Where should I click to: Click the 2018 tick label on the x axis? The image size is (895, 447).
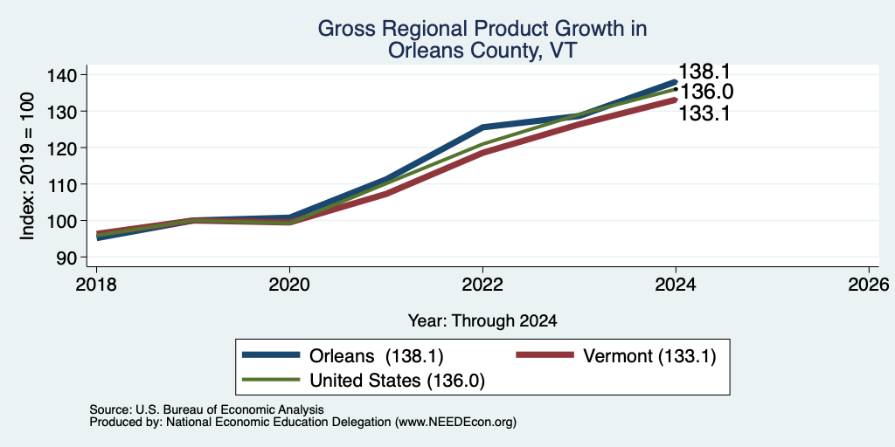tap(96, 284)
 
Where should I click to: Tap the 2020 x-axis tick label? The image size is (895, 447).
tap(289, 284)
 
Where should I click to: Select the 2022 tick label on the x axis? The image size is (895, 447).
tap(482, 284)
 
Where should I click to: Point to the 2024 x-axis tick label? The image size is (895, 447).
tap(676, 284)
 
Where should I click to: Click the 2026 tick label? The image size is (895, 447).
tap(869, 284)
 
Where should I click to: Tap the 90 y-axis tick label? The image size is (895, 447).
tap(76, 258)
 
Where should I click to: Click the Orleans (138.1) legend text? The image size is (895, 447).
tap(376, 356)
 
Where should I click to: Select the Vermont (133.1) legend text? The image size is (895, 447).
tap(649, 356)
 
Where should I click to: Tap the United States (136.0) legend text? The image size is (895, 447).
tap(398, 381)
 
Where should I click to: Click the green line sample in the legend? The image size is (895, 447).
tap(271, 380)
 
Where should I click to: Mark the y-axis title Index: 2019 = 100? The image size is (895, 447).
tap(28, 166)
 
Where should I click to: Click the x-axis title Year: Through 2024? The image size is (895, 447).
tap(482, 321)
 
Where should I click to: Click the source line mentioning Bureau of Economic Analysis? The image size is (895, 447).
tap(206, 409)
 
